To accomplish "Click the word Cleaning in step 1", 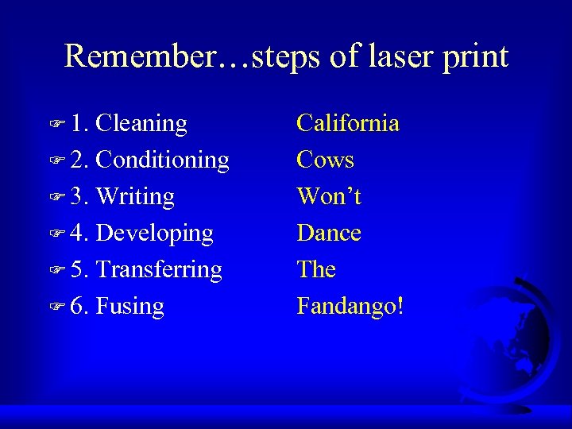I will coord(141,124).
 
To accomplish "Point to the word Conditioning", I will coord(162,160).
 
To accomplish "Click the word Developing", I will coord(154,234).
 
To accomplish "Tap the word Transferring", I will coord(159,270).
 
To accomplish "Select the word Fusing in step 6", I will coord(129,307).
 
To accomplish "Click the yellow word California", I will coord(347,123).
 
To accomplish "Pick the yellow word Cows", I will coord(325,160).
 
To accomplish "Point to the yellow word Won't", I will coord(329,196).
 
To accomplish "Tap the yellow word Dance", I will coord(329,233).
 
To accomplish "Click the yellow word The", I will coord(316,269).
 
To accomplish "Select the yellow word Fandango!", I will coord(350,307).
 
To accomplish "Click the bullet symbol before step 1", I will coord(56,124).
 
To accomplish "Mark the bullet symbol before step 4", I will coord(56,234).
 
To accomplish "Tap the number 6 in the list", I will coord(78,307).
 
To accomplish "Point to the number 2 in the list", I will coord(78,160).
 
